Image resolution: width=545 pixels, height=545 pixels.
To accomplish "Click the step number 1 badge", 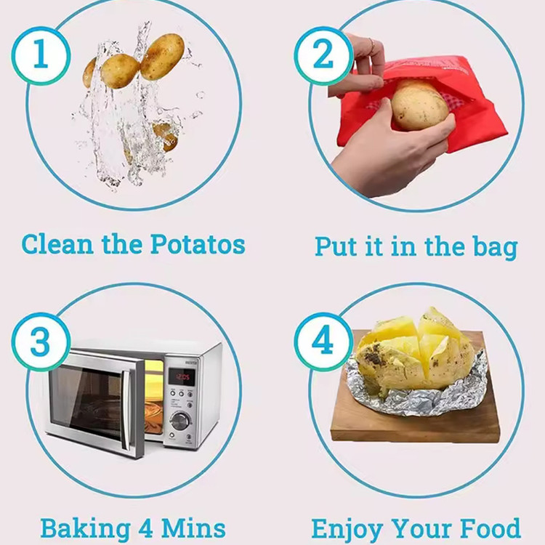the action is tap(41, 56).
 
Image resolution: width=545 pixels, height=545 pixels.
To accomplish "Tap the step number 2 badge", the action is tap(323, 56).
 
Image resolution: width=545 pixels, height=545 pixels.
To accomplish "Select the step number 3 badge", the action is tap(41, 342).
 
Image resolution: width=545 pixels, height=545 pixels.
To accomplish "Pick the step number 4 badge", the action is tap(323, 342).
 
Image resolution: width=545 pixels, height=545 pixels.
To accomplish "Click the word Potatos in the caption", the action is tap(198, 244).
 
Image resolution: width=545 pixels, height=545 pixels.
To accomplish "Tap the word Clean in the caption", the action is tap(57, 244).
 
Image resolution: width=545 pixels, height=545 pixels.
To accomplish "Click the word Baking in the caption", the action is tap(86, 530).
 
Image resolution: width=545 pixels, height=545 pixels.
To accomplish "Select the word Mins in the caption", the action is tap(193, 528).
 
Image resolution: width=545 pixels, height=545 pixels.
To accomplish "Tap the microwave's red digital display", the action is tap(182, 376).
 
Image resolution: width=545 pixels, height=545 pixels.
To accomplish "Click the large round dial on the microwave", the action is tap(179, 421).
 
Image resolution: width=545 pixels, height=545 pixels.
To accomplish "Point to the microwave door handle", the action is tap(127, 410).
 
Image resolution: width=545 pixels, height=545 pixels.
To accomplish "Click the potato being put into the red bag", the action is tap(419, 105).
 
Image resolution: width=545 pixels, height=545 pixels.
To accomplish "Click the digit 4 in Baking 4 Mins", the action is tap(146, 528).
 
